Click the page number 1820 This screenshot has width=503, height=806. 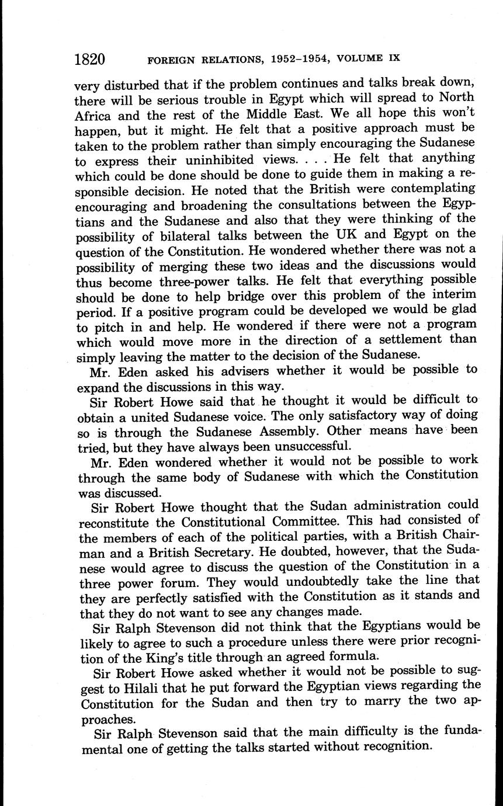89,59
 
